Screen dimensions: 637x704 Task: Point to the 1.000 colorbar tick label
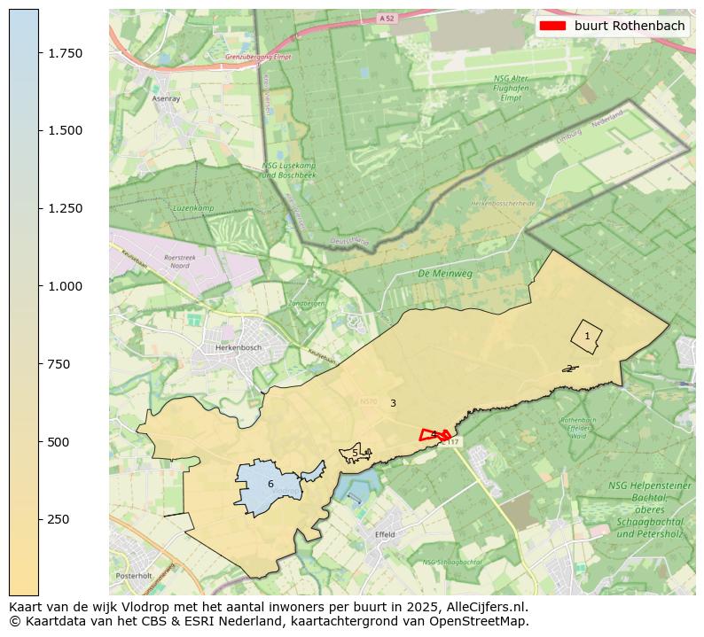(65, 286)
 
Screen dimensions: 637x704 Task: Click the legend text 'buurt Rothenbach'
(630, 26)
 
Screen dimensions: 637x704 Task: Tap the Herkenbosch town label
(239, 348)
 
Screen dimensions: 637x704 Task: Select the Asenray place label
(166, 99)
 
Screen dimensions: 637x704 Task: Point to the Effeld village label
(385, 535)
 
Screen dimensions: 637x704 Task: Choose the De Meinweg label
(445, 274)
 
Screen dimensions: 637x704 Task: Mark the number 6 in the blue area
(270, 484)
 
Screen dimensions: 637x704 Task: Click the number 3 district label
(393, 403)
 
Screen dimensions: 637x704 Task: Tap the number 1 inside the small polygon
(587, 336)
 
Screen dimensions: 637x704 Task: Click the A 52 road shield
(385, 18)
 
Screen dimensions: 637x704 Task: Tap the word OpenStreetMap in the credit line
(481, 621)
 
